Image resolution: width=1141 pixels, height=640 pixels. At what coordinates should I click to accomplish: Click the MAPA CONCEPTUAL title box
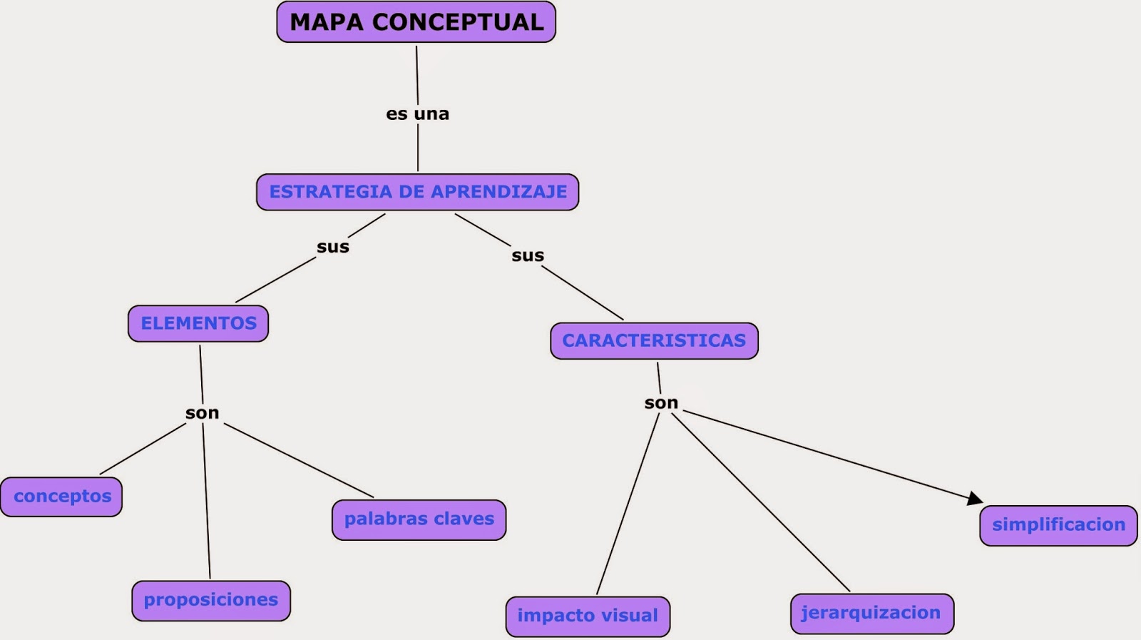pyautogui.click(x=416, y=22)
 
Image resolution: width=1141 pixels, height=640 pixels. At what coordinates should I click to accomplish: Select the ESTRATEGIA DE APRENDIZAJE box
pyautogui.click(x=417, y=192)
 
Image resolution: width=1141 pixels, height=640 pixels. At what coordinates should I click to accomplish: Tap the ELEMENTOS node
pyautogui.click(x=198, y=323)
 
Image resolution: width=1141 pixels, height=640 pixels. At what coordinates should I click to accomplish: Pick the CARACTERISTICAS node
pyautogui.click(x=654, y=340)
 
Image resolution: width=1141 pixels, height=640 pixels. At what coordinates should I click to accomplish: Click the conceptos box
pyautogui.click(x=62, y=497)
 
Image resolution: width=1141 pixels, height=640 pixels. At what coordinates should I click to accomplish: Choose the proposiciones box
pyautogui.click(x=211, y=600)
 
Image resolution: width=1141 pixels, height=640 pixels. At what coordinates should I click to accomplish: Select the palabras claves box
pyautogui.click(x=419, y=519)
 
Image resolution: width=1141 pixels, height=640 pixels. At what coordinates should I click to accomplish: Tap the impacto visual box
pyautogui.click(x=588, y=616)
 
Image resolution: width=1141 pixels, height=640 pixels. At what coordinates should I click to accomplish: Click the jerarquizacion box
pyautogui.click(x=871, y=613)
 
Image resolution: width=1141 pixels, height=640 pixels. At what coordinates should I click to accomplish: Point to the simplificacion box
pyautogui.click(x=1058, y=525)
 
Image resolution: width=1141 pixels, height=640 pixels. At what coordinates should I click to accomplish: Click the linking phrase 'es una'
pyautogui.click(x=417, y=114)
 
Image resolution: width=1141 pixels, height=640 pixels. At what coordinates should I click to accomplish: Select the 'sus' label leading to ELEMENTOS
pyautogui.click(x=333, y=247)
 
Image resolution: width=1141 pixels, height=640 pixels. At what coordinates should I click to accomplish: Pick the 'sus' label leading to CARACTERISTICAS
pyautogui.click(x=528, y=255)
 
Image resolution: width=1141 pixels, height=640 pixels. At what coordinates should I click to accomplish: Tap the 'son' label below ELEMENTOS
pyautogui.click(x=203, y=413)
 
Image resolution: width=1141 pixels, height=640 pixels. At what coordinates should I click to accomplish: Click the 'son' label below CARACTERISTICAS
pyautogui.click(x=661, y=403)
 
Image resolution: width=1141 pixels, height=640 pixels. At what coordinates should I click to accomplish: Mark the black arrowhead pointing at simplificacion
pyautogui.click(x=975, y=498)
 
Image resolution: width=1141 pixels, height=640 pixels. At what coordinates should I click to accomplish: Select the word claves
pyautogui.click(x=464, y=519)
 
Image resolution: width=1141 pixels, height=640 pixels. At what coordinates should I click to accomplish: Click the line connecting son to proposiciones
pyautogui.click(x=206, y=499)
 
